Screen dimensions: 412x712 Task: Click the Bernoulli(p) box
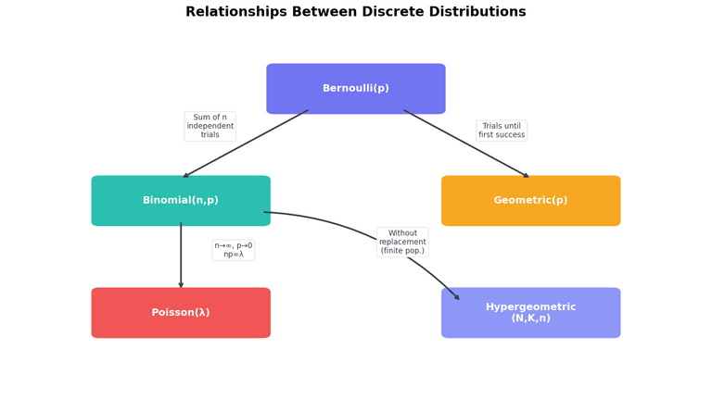356,89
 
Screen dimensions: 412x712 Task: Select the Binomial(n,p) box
181,201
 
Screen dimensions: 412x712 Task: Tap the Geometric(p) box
530,201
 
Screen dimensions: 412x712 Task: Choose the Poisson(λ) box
181,313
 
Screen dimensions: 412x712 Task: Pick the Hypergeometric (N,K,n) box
530,313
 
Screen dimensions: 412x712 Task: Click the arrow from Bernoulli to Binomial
246,144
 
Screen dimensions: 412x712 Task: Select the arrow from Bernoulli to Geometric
466,144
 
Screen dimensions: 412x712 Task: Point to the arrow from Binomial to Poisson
181,255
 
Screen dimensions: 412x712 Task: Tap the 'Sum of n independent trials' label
210,127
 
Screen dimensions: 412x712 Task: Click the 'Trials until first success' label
502,131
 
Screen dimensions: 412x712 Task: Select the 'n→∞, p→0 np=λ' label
234,250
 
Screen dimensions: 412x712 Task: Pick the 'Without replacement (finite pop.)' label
402,243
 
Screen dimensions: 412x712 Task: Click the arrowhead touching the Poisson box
181,284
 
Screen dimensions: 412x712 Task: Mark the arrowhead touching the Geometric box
525,175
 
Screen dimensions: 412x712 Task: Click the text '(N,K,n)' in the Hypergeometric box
530,318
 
